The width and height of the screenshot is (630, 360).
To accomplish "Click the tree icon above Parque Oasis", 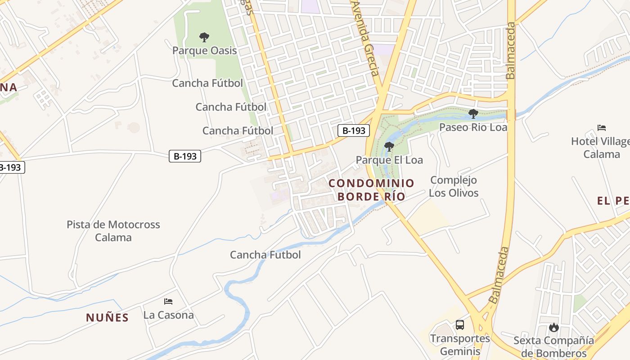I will [x=204, y=37].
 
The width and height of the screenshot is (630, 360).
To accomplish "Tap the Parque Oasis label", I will [x=204, y=50].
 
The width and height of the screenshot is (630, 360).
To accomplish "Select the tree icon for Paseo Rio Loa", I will [x=473, y=113].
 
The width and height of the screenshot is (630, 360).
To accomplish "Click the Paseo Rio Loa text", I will [x=473, y=127].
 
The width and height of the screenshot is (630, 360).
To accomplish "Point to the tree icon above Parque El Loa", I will [x=389, y=146].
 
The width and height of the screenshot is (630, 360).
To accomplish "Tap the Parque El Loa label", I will [x=389, y=160].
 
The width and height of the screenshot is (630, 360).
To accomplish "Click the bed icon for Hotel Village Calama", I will [x=602, y=128].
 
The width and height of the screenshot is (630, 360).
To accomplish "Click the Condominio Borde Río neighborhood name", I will [x=371, y=189].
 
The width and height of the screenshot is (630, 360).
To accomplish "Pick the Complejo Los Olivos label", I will [x=453, y=186].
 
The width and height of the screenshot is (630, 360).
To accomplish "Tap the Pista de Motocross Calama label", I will [x=113, y=231].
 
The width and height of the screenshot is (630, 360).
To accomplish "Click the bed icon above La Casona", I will [x=168, y=301].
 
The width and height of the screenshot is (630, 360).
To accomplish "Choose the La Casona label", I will [x=168, y=315].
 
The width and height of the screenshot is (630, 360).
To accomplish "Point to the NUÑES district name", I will [x=108, y=318].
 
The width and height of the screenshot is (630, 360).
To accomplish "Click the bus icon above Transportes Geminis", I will [x=459, y=324].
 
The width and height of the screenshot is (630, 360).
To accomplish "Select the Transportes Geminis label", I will [x=459, y=344].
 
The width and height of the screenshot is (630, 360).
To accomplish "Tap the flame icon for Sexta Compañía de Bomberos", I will [x=554, y=327].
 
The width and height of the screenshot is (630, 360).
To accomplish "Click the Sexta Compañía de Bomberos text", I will [x=554, y=346].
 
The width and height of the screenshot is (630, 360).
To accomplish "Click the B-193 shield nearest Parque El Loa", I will [x=354, y=130].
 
